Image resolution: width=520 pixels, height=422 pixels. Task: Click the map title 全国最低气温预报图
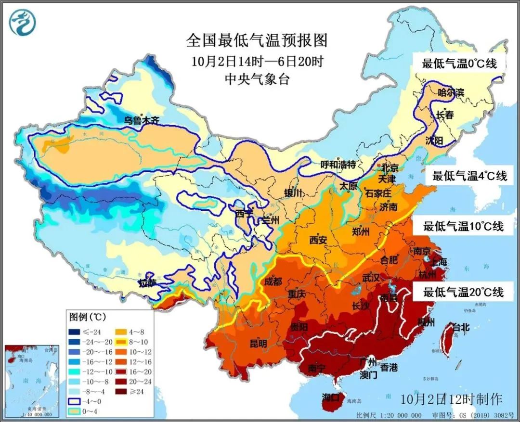coord(257,40)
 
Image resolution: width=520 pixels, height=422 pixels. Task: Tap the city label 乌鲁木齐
coord(141,120)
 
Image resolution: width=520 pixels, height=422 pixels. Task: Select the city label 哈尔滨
coord(451,92)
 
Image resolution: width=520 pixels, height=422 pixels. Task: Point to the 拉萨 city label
coord(147,282)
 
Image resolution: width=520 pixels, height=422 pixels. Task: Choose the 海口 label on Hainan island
coord(333,397)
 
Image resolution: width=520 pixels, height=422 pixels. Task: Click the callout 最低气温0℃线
coord(459,63)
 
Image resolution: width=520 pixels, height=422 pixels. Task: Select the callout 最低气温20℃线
coord(463,292)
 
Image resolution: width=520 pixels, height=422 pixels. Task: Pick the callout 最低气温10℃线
coord(463,226)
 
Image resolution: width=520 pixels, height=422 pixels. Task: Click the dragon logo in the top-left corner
coord(22,23)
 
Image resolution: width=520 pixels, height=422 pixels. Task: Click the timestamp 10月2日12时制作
coord(451,399)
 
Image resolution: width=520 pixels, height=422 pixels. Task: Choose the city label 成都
coord(273,282)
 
